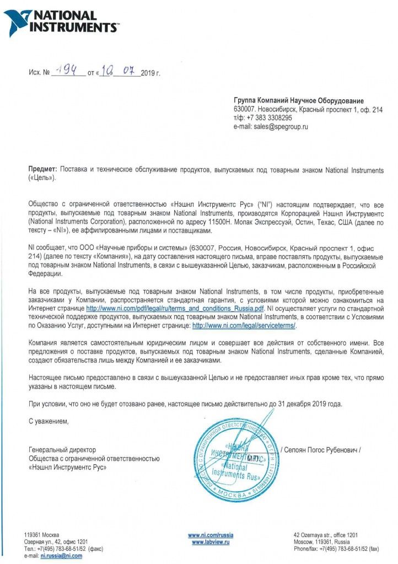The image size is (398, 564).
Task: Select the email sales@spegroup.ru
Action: click(281, 126)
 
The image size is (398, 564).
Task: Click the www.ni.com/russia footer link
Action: click(210, 535)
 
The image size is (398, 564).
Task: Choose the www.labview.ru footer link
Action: click(210, 542)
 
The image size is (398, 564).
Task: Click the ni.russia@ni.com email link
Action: click(61, 556)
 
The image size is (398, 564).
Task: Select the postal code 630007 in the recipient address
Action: click(245, 110)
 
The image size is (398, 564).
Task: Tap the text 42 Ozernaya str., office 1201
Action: click(326, 535)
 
